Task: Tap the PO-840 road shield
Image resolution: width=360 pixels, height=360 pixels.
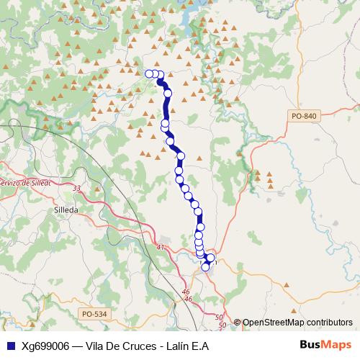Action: pyautogui.click(x=304, y=116)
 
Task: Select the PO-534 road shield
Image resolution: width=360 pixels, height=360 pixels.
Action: pyautogui.click(x=94, y=314)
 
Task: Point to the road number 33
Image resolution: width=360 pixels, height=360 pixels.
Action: pyautogui.click(x=77, y=188)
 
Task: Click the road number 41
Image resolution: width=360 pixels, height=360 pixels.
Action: pyautogui.click(x=160, y=248)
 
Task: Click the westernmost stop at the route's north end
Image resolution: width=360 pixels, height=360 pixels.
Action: pyautogui.click(x=149, y=73)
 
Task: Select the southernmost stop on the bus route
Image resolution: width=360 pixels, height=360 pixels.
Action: pyautogui.click(x=205, y=267)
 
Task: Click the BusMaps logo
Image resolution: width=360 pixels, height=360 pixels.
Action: pyautogui.click(x=324, y=345)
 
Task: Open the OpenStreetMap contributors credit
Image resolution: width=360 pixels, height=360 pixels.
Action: pyautogui.click(x=297, y=323)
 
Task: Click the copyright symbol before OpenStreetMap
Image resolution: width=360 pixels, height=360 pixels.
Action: pyautogui.click(x=237, y=323)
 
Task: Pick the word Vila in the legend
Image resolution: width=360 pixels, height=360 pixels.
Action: pyautogui.click(x=96, y=346)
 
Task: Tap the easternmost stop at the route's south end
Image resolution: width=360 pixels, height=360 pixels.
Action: pyautogui.click(x=210, y=258)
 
